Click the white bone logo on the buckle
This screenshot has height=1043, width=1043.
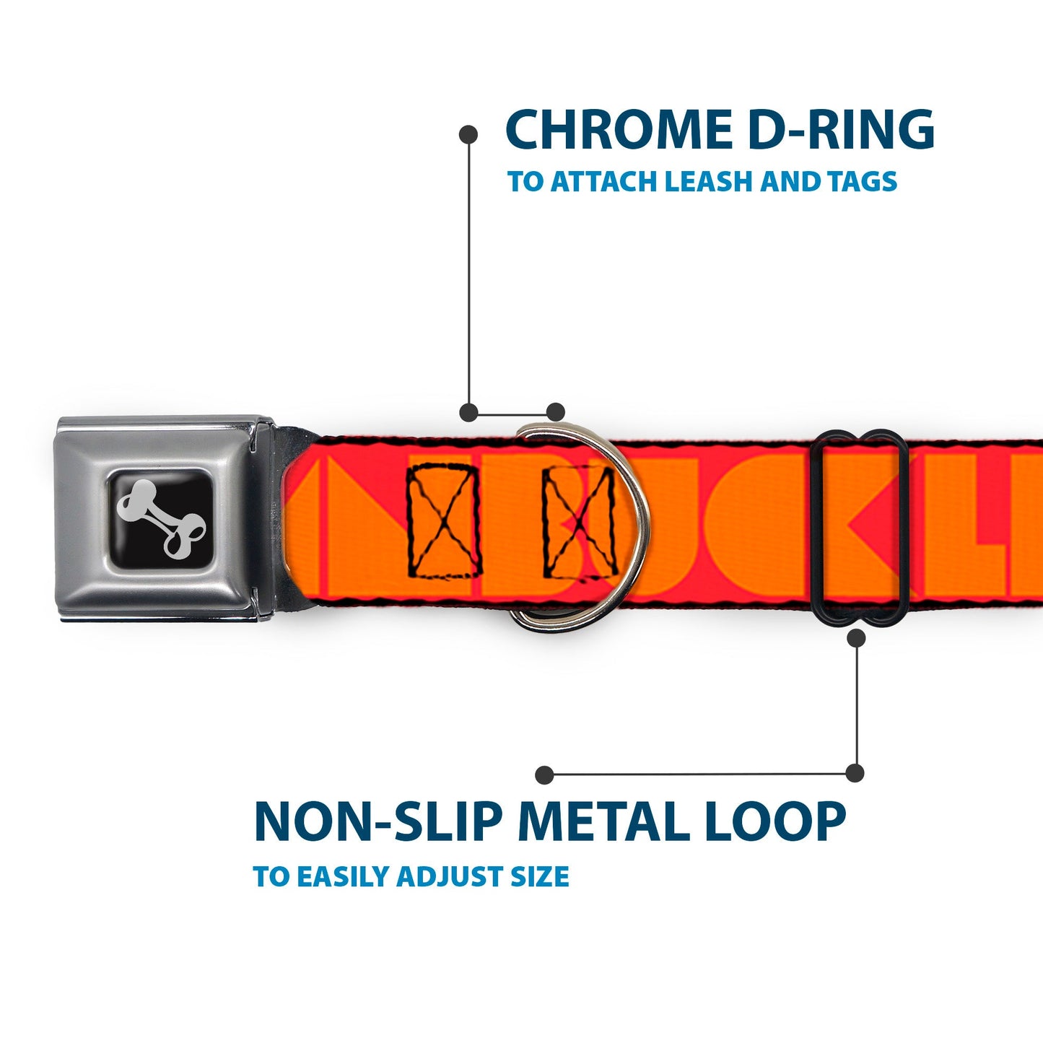pos(162,518)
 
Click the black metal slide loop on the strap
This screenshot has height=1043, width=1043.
pos(859,527)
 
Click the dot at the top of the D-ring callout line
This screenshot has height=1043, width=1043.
pos(468,134)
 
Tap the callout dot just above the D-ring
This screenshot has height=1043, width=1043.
pos(555,412)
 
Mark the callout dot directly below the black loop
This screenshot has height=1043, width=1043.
pos(856,638)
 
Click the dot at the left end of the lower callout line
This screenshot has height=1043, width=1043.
pos(545,775)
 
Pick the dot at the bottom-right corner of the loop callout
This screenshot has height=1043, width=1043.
pos(855,773)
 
